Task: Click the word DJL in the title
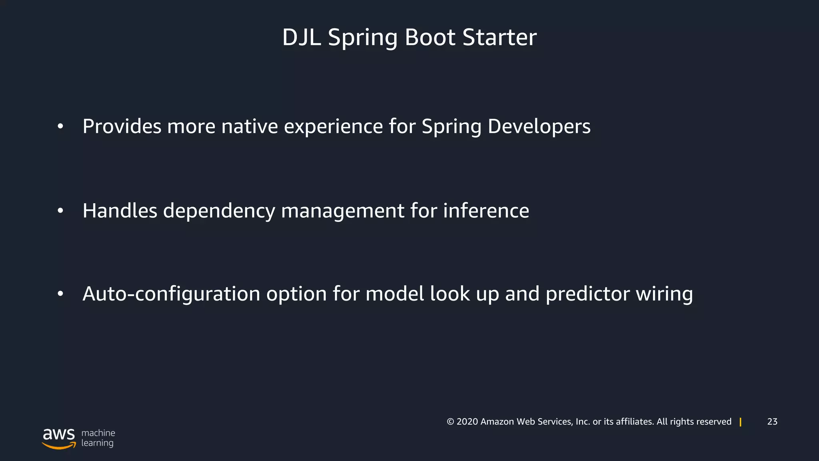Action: [x=302, y=38]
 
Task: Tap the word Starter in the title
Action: [x=499, y=38]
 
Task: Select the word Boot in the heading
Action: [x=430, y=38]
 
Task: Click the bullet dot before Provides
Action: [x=60, y=126]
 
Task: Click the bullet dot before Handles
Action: [x=60, y=210]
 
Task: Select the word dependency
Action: [x=219, y=211]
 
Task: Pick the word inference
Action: [x=486, y=210]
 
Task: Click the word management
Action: [x=343, y=211]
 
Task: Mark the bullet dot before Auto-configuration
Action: [x=60, y=294]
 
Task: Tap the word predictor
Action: [x=587, y=294]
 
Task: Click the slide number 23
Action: [x=772, y=421]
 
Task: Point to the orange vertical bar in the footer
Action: [x=741, y=422]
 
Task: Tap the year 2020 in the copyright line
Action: [x=467, y=421]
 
